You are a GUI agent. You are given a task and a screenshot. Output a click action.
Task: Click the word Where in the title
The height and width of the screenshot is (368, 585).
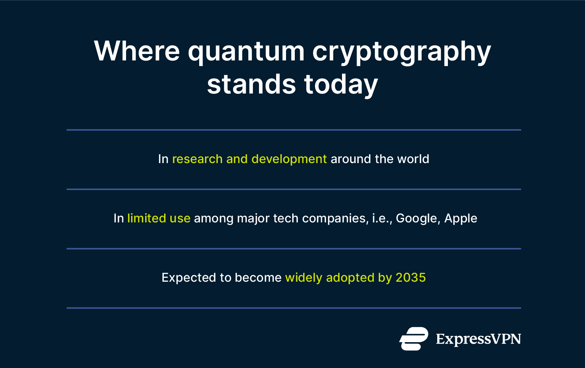pyautogui.click(x=137, y=51)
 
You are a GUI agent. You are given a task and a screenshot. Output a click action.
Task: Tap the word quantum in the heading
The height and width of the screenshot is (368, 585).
pyautogui.click(x=246, y=52)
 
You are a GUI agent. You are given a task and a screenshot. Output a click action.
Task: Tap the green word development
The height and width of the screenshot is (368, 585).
pyautogui.click(x=289, y=159)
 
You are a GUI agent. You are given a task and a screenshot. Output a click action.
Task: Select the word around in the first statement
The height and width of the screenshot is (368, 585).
pyautogui.click(x=351, y=159)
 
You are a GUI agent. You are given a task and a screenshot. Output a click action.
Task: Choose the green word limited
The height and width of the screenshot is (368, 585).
pyautogui.click(x=147, y=218)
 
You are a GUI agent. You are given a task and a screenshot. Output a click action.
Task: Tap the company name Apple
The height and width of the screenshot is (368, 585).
pyautogui.click(x=460, y=219)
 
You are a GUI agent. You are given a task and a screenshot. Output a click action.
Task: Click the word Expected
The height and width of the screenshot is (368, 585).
pyautogui.click(x=189, y=278)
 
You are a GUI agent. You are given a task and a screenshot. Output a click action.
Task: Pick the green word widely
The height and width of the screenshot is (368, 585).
pyautogui.click(x=304, y=278)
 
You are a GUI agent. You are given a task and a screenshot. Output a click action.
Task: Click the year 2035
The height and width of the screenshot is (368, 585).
pyautogui.click(x=411, y=278)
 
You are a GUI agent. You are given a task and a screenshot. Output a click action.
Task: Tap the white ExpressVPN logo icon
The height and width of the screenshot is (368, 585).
pyautogui.click(x=414, y=338)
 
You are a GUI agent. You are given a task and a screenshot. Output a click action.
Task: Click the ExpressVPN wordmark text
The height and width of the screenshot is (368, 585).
pyautogui.click(x=478, y=339)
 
